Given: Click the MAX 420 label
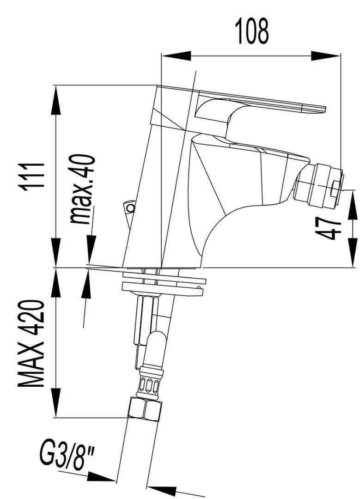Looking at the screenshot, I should click(32, 344).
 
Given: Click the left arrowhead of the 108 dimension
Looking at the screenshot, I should click(175, 56).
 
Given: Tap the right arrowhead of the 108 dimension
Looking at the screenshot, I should click(326, 56).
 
